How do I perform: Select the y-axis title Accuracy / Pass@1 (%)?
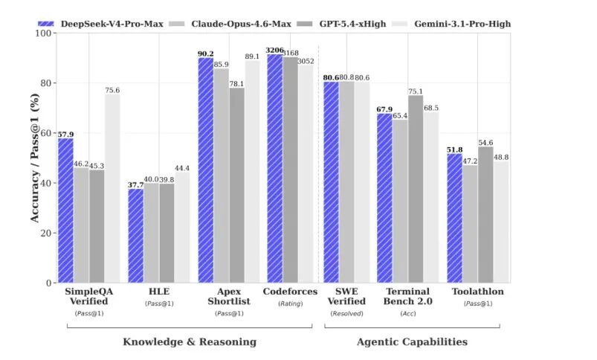[35, 158]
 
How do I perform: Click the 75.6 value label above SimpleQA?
[112, 90]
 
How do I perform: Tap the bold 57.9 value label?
[65, 134]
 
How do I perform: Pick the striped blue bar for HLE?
[135, 236]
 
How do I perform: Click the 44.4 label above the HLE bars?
[182, 167]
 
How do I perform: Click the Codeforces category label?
[291, 292]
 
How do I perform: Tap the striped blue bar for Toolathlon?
[454, 218]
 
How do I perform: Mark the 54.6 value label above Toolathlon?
[485, 142]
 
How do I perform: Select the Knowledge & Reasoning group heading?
[190, 342]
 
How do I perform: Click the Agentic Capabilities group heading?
[412, 342]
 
